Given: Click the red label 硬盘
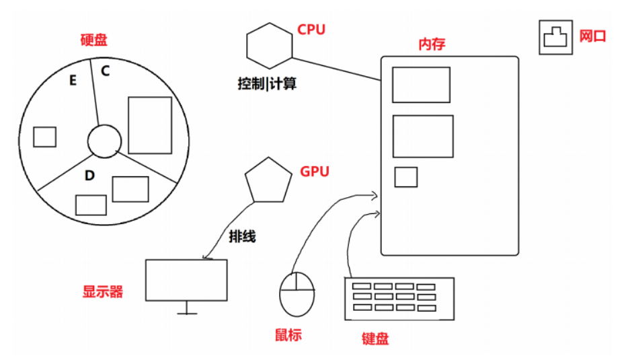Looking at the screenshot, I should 93,40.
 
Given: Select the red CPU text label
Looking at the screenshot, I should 311,30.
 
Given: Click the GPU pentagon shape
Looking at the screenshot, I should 268,180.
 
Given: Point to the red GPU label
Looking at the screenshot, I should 315,172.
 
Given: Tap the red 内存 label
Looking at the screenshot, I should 432,44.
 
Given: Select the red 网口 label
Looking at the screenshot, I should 593,36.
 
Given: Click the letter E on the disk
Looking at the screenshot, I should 73,81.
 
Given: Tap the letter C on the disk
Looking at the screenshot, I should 106,69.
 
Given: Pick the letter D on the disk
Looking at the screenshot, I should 89,176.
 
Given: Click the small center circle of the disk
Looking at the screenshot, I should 104,141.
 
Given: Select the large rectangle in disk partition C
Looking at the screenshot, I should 149,125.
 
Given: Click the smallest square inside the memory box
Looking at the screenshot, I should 405,176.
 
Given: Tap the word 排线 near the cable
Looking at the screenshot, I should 243,238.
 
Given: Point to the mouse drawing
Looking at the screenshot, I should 297,293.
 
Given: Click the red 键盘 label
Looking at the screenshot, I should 375,338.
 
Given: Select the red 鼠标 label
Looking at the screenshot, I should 288,334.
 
